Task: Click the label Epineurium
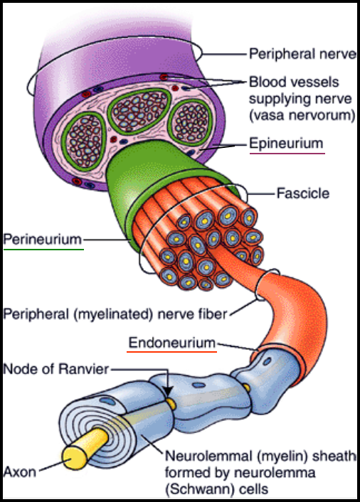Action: [286, 143]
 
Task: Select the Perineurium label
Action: [43, 239]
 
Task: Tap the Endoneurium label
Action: [172, 343]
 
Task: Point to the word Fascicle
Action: [302, 193]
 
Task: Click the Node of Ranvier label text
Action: [56, 369]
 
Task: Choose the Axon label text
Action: [19, 472]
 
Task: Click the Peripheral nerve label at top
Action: [302, 54]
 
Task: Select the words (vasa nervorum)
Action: [302, 115]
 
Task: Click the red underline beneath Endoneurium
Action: [171, 351]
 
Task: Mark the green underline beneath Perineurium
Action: [43, 248]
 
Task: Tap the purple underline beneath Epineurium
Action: [287, 154]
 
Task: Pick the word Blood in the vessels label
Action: [268, 82]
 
